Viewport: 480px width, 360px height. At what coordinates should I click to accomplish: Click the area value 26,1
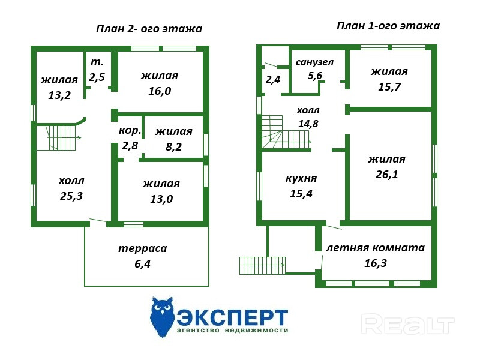click(386, 175)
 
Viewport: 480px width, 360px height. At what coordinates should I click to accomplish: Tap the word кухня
click(301, 178)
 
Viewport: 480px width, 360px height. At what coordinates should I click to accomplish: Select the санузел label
click(314, 62)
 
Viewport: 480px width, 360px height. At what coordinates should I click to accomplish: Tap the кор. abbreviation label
click(130, 130)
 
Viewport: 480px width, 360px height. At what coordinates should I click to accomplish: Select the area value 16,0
click(160, 91)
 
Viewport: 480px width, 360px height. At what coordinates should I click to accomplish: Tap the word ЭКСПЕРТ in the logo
click(232, 316)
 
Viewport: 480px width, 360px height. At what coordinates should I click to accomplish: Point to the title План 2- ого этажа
click(149, 29)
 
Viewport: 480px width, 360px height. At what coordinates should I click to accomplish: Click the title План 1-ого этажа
click(388, 26)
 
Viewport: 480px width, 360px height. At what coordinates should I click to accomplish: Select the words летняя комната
click(375, 248)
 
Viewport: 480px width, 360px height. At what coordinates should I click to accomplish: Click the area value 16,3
click(375, 262)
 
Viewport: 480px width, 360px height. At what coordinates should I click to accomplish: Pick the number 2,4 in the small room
click(273, 79)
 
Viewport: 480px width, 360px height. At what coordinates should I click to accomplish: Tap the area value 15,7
click(389, 86)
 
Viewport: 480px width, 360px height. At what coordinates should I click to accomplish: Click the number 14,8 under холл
click(308, 124)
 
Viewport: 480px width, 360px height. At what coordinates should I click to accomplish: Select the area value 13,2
click(59, 94)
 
